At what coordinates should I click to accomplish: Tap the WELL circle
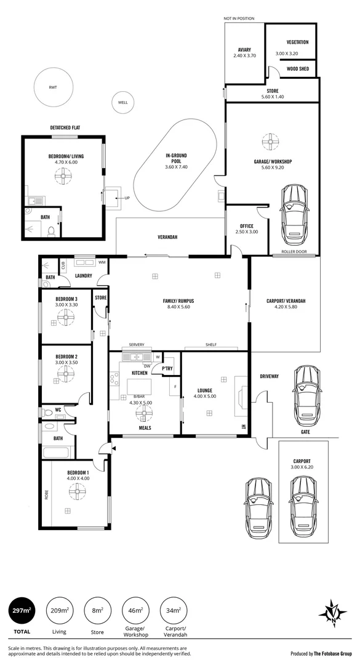pyautogui.click(x=123, y=102)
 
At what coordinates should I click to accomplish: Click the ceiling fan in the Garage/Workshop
pyautogui.click(x=268, y=142)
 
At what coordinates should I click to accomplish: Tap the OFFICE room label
pyautogui.click(x=244, y=226)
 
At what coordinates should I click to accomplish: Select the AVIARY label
pyautogui.click(x=244, y=50)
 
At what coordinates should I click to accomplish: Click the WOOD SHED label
pyautogui.click(x=298, y=69)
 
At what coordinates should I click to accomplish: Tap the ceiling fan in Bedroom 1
pyautogui.click(x=77, y=492)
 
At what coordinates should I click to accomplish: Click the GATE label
pyautogui.click(x=305, y=432)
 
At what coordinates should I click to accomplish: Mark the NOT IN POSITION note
pyautogui.click(x=239, y=19)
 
